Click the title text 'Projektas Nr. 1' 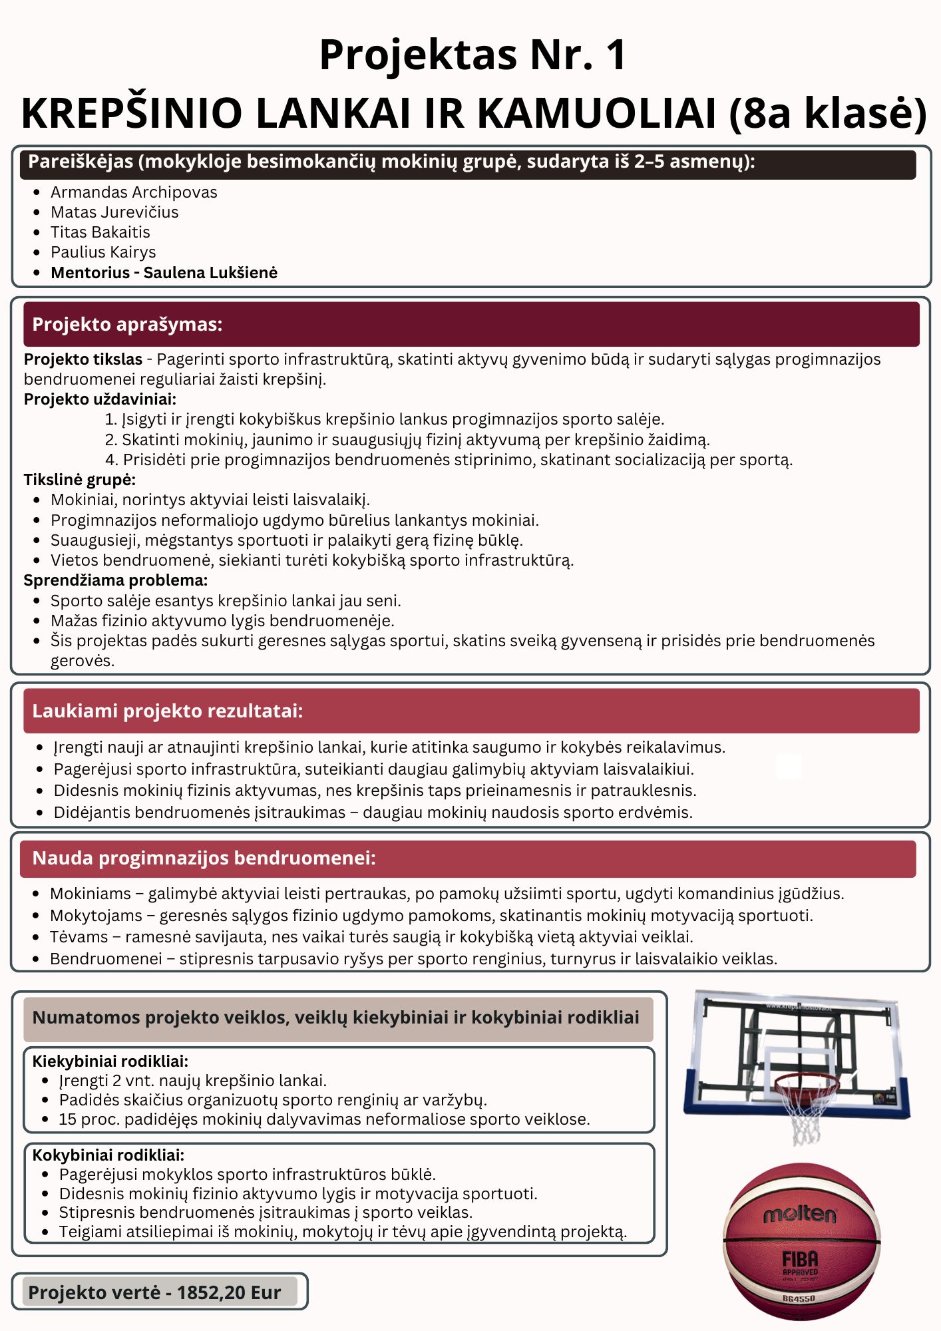pos(472,55)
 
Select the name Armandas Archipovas pos(134,192)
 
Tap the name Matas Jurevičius pos(114,212)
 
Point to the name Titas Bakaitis pos(100,232)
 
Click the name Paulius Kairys pos(103,252)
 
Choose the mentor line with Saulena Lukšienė pos(164,273)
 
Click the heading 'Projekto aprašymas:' pos(127,324)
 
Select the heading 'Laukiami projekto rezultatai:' pos(167,711)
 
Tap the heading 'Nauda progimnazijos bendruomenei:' pos(204,858)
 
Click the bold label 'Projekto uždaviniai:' pos(100,399)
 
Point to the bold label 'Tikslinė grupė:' pos(80,480)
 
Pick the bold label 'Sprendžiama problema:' pos(116,580)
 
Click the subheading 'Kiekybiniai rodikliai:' pos(110,1061)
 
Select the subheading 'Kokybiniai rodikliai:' pos(108,1155)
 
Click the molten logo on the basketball pos(799,1215)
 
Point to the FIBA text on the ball pos(799,1258)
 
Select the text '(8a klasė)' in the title pos(827,112)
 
